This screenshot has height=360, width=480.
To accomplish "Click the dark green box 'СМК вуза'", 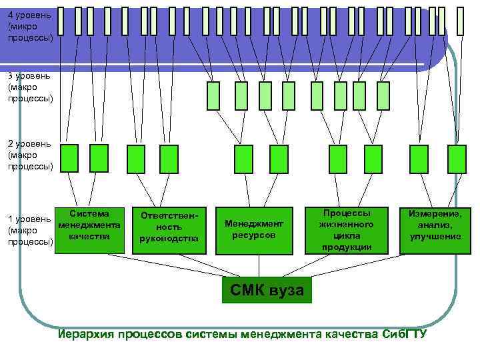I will tap(266, 289).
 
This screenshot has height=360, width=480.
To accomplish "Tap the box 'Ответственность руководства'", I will tap(169, 230).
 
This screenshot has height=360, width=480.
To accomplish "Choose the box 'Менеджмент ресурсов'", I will tap(254, 230).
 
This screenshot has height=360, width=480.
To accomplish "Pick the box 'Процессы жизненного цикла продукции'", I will tap(347, 230).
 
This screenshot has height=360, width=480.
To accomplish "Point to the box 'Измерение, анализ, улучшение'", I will tap(435, 230).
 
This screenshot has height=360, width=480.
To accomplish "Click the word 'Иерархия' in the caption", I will tap(86, 334).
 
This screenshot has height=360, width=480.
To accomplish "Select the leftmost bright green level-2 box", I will tap(69, 158).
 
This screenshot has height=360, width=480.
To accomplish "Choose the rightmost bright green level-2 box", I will tap(457, 159).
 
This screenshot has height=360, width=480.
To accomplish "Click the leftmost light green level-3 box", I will tap(213, 95).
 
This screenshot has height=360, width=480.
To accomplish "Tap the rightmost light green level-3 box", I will tap(385, 95).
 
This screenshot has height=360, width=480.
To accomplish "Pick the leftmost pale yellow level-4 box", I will tap(61, 21).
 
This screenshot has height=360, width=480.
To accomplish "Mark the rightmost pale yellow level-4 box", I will tap(460, 21).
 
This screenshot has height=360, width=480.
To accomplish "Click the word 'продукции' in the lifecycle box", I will tap(347, 247).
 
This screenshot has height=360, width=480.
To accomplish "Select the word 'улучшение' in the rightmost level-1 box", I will tap(435, 237).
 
